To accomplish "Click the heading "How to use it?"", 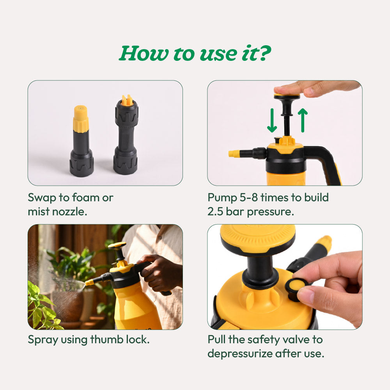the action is [x=195, y=53].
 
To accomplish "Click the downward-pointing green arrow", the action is [x=272, y=121].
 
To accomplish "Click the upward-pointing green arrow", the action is [x=303, y=120].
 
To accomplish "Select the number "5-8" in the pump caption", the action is [x=249, y=197].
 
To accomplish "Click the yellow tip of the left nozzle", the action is [x=81, y=118].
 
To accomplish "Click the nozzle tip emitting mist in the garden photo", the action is [x=89, y=282].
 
